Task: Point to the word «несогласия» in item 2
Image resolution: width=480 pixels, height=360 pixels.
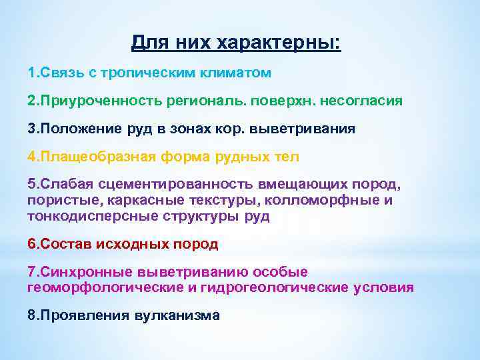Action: [x=362, y=101]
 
